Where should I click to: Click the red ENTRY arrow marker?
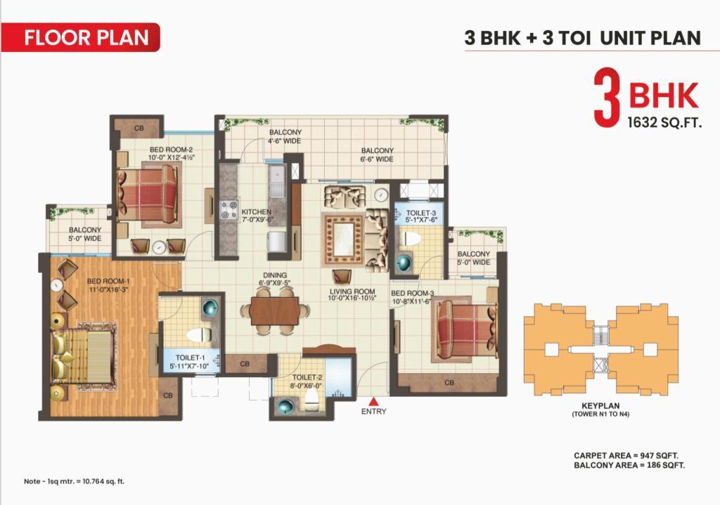tap(374, 401)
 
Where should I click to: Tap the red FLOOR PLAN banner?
tap(80, 37)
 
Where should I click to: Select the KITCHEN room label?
tap(256, 212)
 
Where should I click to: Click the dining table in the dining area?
tap(275, 311)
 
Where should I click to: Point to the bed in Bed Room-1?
tap(83, 355)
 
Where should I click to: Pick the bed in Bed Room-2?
tap(148, 194)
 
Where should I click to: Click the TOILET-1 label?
tap(191, 358)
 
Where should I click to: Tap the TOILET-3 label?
tap(420, 214)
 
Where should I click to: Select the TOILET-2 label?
tap(307, 377)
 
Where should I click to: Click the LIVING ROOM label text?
tap(352, 291)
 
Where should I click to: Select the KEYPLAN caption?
tap(600, 405)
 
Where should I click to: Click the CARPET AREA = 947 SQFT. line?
tap(626, 456)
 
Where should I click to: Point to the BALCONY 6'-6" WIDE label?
tap(377, 155)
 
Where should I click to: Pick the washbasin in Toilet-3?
tap(404, 263)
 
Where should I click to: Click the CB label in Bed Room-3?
tap(449, 382)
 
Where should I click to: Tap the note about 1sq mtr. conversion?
tap(74, 482)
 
